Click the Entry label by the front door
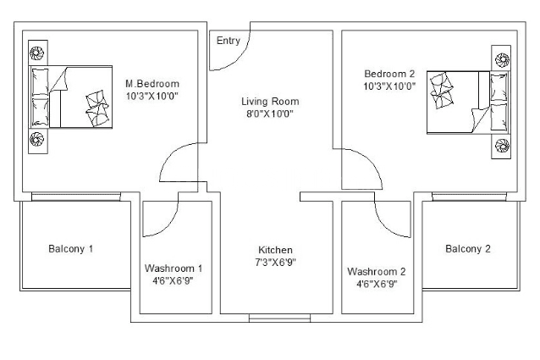228,41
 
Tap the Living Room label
270,102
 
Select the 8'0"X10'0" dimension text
270,114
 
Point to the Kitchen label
275,250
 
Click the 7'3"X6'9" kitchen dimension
275,263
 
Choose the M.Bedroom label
152,84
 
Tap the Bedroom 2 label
389,74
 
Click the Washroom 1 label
174,268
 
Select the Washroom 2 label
377,271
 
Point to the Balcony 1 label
70,249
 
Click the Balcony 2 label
468,249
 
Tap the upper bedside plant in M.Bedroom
36,53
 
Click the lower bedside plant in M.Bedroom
36,139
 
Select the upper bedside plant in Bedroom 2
502,59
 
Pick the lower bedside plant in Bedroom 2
502,146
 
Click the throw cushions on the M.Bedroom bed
97,108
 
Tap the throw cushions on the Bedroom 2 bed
441,90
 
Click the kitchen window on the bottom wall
279,318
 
